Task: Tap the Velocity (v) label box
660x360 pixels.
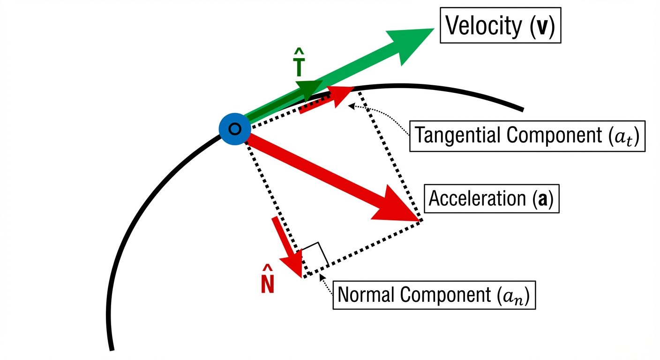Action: tap(500, 26)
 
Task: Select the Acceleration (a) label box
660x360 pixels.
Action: tap(491, 199)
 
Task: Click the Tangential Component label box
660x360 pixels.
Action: tap(527, 136)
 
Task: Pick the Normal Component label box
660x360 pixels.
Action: tap(434, 295)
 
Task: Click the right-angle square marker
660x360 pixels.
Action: tap(315, 255)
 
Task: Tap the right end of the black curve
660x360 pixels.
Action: tap(522, 110)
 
